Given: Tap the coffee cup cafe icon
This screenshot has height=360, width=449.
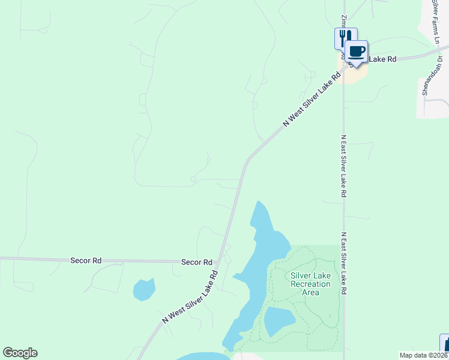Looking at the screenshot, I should (357, 51).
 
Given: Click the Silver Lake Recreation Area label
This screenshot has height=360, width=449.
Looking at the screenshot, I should (310, 284).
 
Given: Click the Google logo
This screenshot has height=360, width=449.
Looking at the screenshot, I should (20, 353).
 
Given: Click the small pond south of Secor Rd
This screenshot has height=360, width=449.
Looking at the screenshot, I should (144, 289).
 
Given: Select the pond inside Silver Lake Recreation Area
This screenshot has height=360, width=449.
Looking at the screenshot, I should (279, 321).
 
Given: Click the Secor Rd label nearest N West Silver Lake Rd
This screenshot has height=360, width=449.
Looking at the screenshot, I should (197, 262).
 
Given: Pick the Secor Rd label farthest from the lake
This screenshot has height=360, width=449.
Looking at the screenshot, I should (86, 260).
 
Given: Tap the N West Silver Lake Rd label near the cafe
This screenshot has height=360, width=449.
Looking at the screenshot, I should (312, 98).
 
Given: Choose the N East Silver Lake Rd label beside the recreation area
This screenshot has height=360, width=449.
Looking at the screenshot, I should (344, 263).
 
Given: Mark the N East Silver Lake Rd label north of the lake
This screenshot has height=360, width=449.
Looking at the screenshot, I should (343, 166).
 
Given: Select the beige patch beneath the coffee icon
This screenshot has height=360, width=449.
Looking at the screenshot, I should (354, 74).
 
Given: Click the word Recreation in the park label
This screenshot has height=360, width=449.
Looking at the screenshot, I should (310, 284).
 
